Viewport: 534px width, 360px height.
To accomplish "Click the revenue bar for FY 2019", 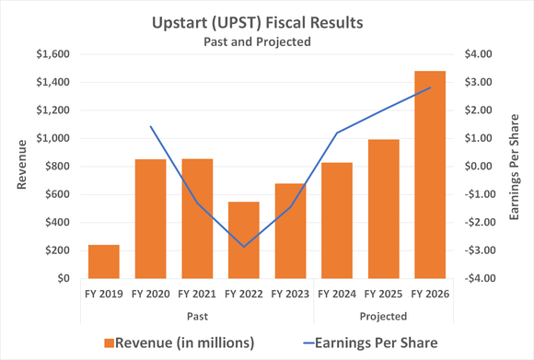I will click(103, 261).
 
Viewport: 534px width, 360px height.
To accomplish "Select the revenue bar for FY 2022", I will click(243, 240).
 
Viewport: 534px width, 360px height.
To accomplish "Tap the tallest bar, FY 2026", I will click(429, 175).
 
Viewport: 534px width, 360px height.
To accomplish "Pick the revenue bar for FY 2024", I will click(336, 221).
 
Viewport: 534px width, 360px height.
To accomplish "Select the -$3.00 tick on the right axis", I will click(475, 250).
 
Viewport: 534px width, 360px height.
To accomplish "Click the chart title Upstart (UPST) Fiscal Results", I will click(266, 19).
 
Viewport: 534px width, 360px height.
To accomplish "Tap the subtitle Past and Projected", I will click(266, 41).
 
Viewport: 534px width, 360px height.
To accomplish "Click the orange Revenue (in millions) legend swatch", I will click(110, 343).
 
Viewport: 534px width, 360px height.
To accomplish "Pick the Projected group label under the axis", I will click(383, 316).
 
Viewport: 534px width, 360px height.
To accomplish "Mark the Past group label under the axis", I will click(196, 316).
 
